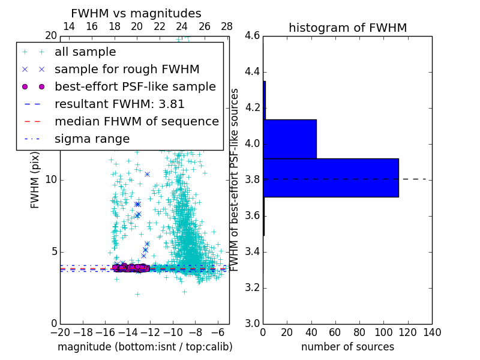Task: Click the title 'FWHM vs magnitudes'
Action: point(136,13)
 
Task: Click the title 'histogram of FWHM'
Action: point(347,28)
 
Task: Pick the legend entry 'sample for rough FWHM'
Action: point(127,69)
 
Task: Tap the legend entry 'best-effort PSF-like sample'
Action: point(135,86)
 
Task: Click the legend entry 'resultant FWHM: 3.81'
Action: point(119,104)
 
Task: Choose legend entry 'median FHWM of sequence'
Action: point(136,121)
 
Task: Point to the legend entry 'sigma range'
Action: point(92,139)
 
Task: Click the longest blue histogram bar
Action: point(331,178)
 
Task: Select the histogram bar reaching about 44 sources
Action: point(290,139)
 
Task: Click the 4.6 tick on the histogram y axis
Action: point(253,36)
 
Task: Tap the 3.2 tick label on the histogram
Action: point(253,287)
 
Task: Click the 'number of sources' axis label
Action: point(347,347)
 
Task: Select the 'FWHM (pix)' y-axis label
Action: point(35,179)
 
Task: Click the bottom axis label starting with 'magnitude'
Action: point(145,347)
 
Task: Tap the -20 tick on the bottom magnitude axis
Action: point(60,332)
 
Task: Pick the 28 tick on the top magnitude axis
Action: point(227,26)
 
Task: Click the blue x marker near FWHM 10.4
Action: point(147,174)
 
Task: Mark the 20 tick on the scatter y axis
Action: point(50,36)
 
